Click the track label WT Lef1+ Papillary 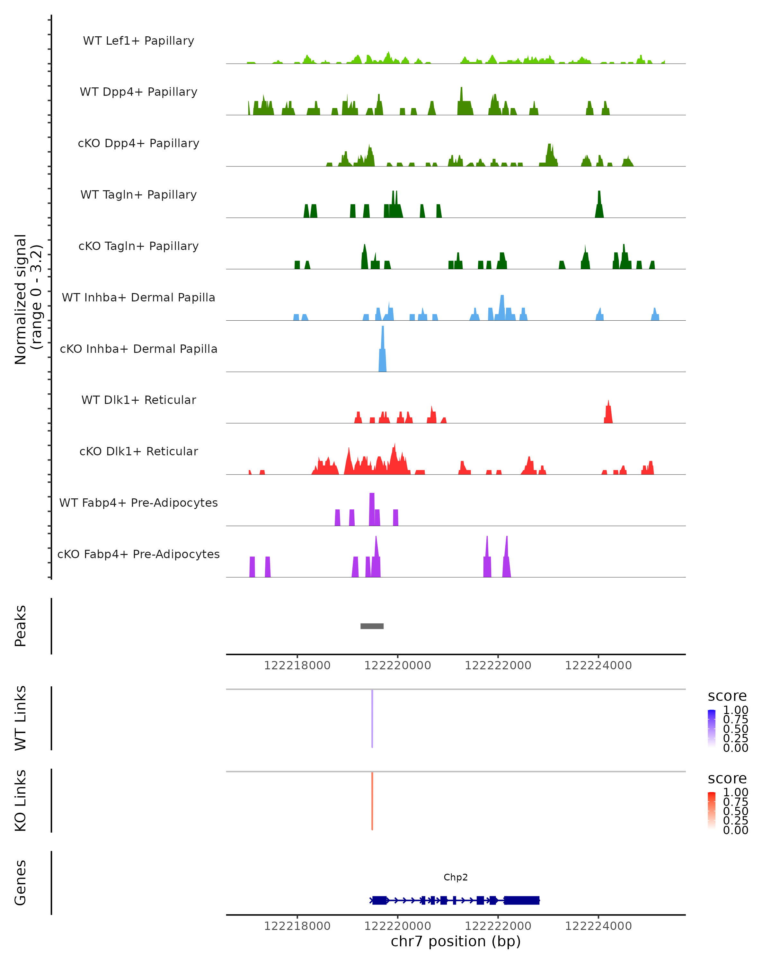138,41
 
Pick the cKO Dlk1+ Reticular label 138,451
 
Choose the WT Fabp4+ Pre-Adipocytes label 138,503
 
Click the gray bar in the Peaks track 372,626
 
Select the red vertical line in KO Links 372,801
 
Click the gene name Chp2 456,877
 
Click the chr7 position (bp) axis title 456,941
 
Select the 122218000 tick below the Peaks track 297,665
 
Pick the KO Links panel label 21,800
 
